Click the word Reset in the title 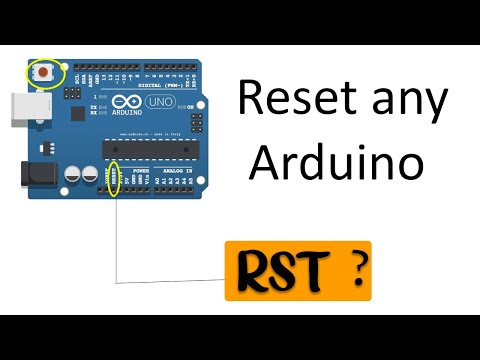click(x=294, y=100)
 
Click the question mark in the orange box click(x=353, y=268)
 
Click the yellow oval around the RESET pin click(x=116, y=179)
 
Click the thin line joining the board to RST click(x=117, y=240)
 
